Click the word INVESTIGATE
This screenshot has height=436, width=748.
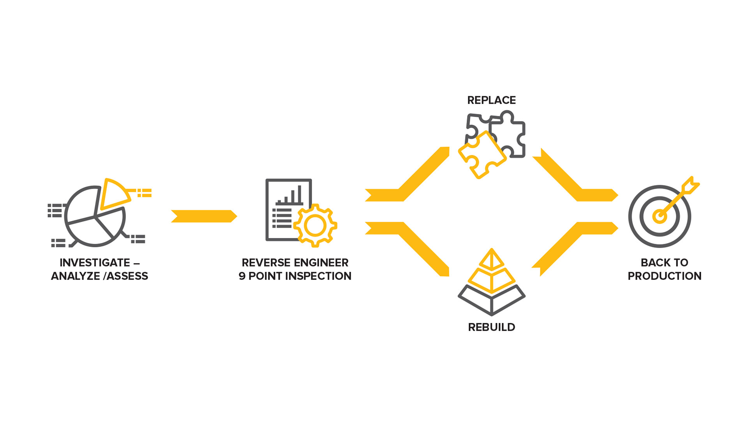pyautogui.click(x=95, y=263)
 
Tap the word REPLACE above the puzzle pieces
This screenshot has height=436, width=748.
pyautogui.click(x=491, y=100)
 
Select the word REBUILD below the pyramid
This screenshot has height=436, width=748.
pyautogui.click(x=491, y=327)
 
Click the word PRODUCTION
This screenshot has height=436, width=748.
pyautogui.click(x=664, y=276)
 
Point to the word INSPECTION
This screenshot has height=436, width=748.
pyautogui.click(x=318, y=276)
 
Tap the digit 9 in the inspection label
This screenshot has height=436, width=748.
pyautogui.click(x=242, y=276)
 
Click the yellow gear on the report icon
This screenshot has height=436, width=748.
pyautogui.click(x=315, y=226)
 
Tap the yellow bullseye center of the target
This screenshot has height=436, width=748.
pyautogui.click(x=659, y=216)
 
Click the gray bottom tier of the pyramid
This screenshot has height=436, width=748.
pyautogui.click(x=491, y=301)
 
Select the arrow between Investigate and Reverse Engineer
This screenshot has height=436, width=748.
pyautogui.click(x=204, y=216)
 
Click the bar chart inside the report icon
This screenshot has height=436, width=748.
pyautogui.click(x=290, y=196)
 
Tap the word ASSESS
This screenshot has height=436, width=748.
pyautogui.click(x=127, y=276)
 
